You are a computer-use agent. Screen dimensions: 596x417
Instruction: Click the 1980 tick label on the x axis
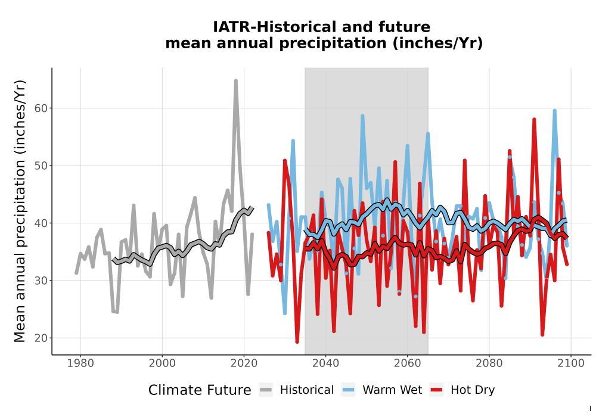[80, 363]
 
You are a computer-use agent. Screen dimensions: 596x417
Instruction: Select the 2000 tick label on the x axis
[162, 363]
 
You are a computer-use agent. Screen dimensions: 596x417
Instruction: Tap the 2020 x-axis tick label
[244, 363]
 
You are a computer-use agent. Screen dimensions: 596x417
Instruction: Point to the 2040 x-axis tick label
[326, 363]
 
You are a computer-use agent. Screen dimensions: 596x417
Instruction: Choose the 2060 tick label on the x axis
[408, 363]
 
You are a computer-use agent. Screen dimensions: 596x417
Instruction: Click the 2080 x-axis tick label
[489, 363]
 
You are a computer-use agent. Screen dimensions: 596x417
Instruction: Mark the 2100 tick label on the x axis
[571, 363]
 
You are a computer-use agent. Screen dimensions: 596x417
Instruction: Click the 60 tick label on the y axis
[41, 108]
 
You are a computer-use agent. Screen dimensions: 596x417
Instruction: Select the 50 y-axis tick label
[41, 166]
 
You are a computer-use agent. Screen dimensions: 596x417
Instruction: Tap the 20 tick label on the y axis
[41, 338]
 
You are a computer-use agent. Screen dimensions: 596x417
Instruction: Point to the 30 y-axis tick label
[41, 281]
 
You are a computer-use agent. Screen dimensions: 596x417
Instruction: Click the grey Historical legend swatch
[266, 390]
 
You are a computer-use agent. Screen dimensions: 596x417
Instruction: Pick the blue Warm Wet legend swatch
[348, 390]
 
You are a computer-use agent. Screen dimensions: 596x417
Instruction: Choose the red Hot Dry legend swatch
[437, 390]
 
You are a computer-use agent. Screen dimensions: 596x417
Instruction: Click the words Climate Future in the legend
[200, 390]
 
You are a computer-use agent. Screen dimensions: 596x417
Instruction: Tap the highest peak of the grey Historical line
[235, 80]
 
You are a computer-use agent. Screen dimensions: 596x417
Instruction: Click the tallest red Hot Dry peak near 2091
[534, 119]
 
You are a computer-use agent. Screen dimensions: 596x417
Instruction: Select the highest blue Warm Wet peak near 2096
[554, 111]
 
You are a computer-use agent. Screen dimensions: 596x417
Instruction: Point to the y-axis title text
[20, 211]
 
